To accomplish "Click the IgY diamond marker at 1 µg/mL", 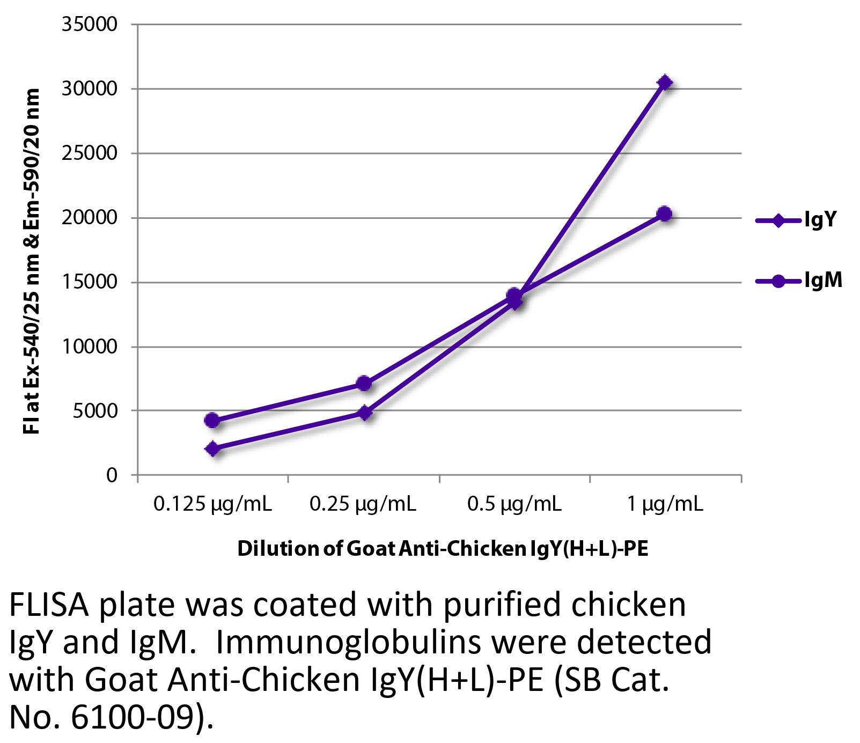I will pyautogui.click(x=665, y=83).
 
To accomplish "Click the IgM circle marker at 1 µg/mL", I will pyautogui.click(x=665, y=214).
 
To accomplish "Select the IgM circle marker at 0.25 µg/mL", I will pyautogui.click(x=364, y=383).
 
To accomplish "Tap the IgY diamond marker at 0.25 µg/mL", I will pyautogui.click(x=365, y=413).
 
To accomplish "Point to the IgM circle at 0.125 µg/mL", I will pyautogui.click(x=212, y=420).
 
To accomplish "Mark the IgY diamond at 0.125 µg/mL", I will pyautogui.click(x=212, y=449).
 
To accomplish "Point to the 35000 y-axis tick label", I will pyautogui.click(x=90, y=25).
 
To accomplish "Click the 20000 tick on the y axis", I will pyautogui.click(x=90, y=218).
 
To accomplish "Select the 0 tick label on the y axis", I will pyautogui.click(x=112, y=475).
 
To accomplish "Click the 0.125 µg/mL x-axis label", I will pyautogui.click(x=212, y=505).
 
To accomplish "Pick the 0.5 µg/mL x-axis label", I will pyautogui.click(x=514, y=505).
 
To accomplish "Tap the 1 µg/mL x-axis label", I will pyautogui.click(x=665, y=505).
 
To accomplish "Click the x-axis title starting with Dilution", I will pyautogui.click(x=443, y=549).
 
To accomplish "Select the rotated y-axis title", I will pyautogui.click(x=32, y=261).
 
